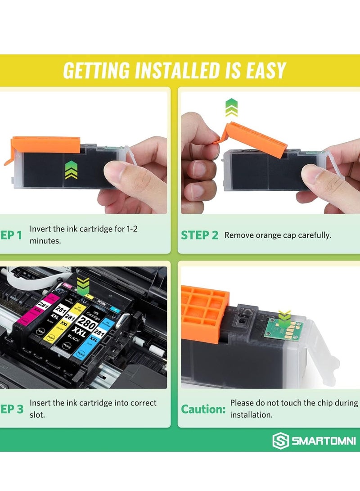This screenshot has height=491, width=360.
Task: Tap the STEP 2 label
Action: coord(199,235)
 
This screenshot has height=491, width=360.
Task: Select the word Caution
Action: coord(203,409)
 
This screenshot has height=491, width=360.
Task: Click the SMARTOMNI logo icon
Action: coord(280,441)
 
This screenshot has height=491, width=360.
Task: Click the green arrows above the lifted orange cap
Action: coord(231,108)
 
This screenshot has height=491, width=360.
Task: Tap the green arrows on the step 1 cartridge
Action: coord(71,170)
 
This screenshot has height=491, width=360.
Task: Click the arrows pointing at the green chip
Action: coord(283,316)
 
